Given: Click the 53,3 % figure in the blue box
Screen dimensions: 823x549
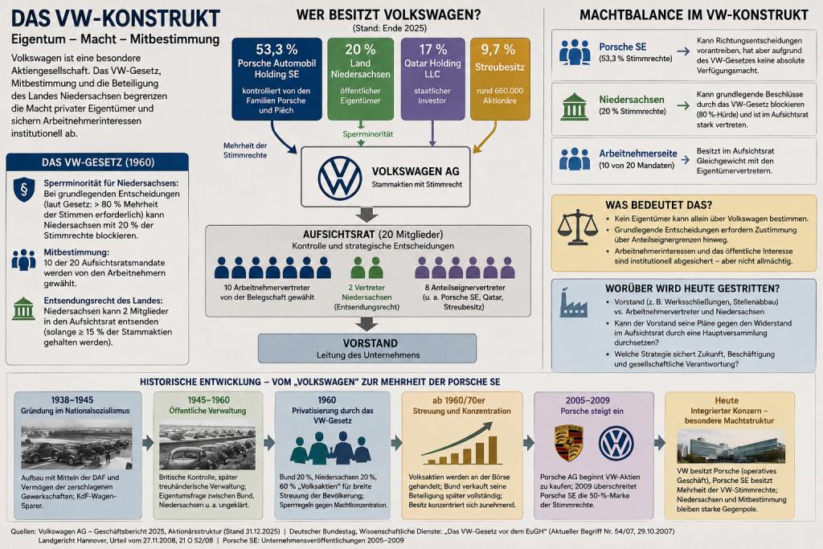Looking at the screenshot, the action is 276,49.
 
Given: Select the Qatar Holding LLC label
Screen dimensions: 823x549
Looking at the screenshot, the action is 432,69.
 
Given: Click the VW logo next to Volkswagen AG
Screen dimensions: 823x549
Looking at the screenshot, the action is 340,178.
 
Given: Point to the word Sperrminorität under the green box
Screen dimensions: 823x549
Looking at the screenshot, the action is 367,134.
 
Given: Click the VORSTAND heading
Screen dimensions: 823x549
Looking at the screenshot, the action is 370,343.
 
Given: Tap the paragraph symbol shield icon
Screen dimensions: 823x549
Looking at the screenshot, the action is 24,190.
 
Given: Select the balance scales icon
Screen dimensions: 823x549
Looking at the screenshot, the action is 577,227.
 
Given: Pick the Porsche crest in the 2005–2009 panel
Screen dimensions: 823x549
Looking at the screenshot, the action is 569,443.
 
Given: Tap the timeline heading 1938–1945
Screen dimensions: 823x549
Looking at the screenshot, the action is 72,400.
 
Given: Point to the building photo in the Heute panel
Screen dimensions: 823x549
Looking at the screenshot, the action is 731,445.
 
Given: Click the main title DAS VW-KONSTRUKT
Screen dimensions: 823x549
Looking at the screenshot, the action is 116,18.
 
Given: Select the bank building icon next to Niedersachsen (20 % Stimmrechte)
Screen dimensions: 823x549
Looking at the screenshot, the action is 575,107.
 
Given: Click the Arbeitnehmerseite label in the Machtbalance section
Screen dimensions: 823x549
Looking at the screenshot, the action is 637,154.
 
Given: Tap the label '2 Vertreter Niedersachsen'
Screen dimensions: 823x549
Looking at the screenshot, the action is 366,293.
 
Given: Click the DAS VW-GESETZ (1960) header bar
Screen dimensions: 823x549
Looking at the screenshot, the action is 97,162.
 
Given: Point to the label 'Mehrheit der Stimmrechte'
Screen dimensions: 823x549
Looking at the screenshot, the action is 245,150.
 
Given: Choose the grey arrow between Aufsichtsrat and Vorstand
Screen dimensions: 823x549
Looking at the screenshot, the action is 366,325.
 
